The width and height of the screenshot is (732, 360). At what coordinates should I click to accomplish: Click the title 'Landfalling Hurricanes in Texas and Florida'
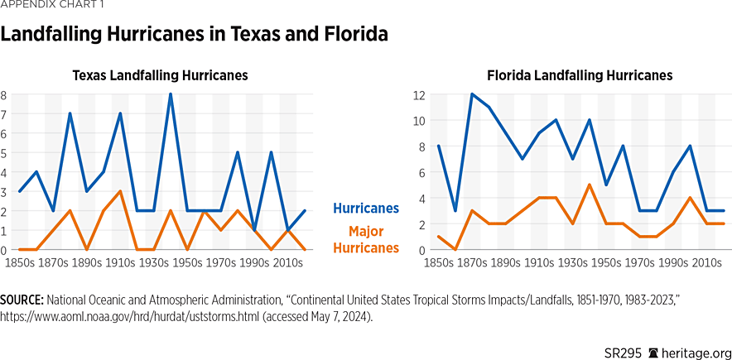pyautogui.click(x=195, y=36)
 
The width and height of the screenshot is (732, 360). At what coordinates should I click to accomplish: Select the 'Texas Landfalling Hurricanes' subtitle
pyautogui.click(x=160, y=75)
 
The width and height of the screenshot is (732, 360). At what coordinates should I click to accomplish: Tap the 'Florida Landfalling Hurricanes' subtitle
pyautogui.click(x=579, y=75)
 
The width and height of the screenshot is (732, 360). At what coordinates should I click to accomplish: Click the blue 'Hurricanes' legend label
pyautogui.click(x=366, y=209)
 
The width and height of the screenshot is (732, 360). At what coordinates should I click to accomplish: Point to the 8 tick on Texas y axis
pyautogui.click(x=4, y=94)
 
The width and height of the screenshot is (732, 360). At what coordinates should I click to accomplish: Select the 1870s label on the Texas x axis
pyautogui.click(x=53, y=262)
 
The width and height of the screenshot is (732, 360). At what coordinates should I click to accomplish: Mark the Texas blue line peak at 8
pyautogui.click(x=171, y=94)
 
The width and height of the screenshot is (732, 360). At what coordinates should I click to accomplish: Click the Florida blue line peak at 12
pyautogui.click(x=472, y=94)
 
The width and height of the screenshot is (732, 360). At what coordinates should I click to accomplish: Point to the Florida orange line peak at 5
pyautogui.click(x=589, y=185)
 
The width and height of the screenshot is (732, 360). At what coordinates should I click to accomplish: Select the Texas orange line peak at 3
pyautogui.click(x=120, y=191)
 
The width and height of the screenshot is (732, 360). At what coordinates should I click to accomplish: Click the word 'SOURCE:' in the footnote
pyautogui.click(x=23, y=298)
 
